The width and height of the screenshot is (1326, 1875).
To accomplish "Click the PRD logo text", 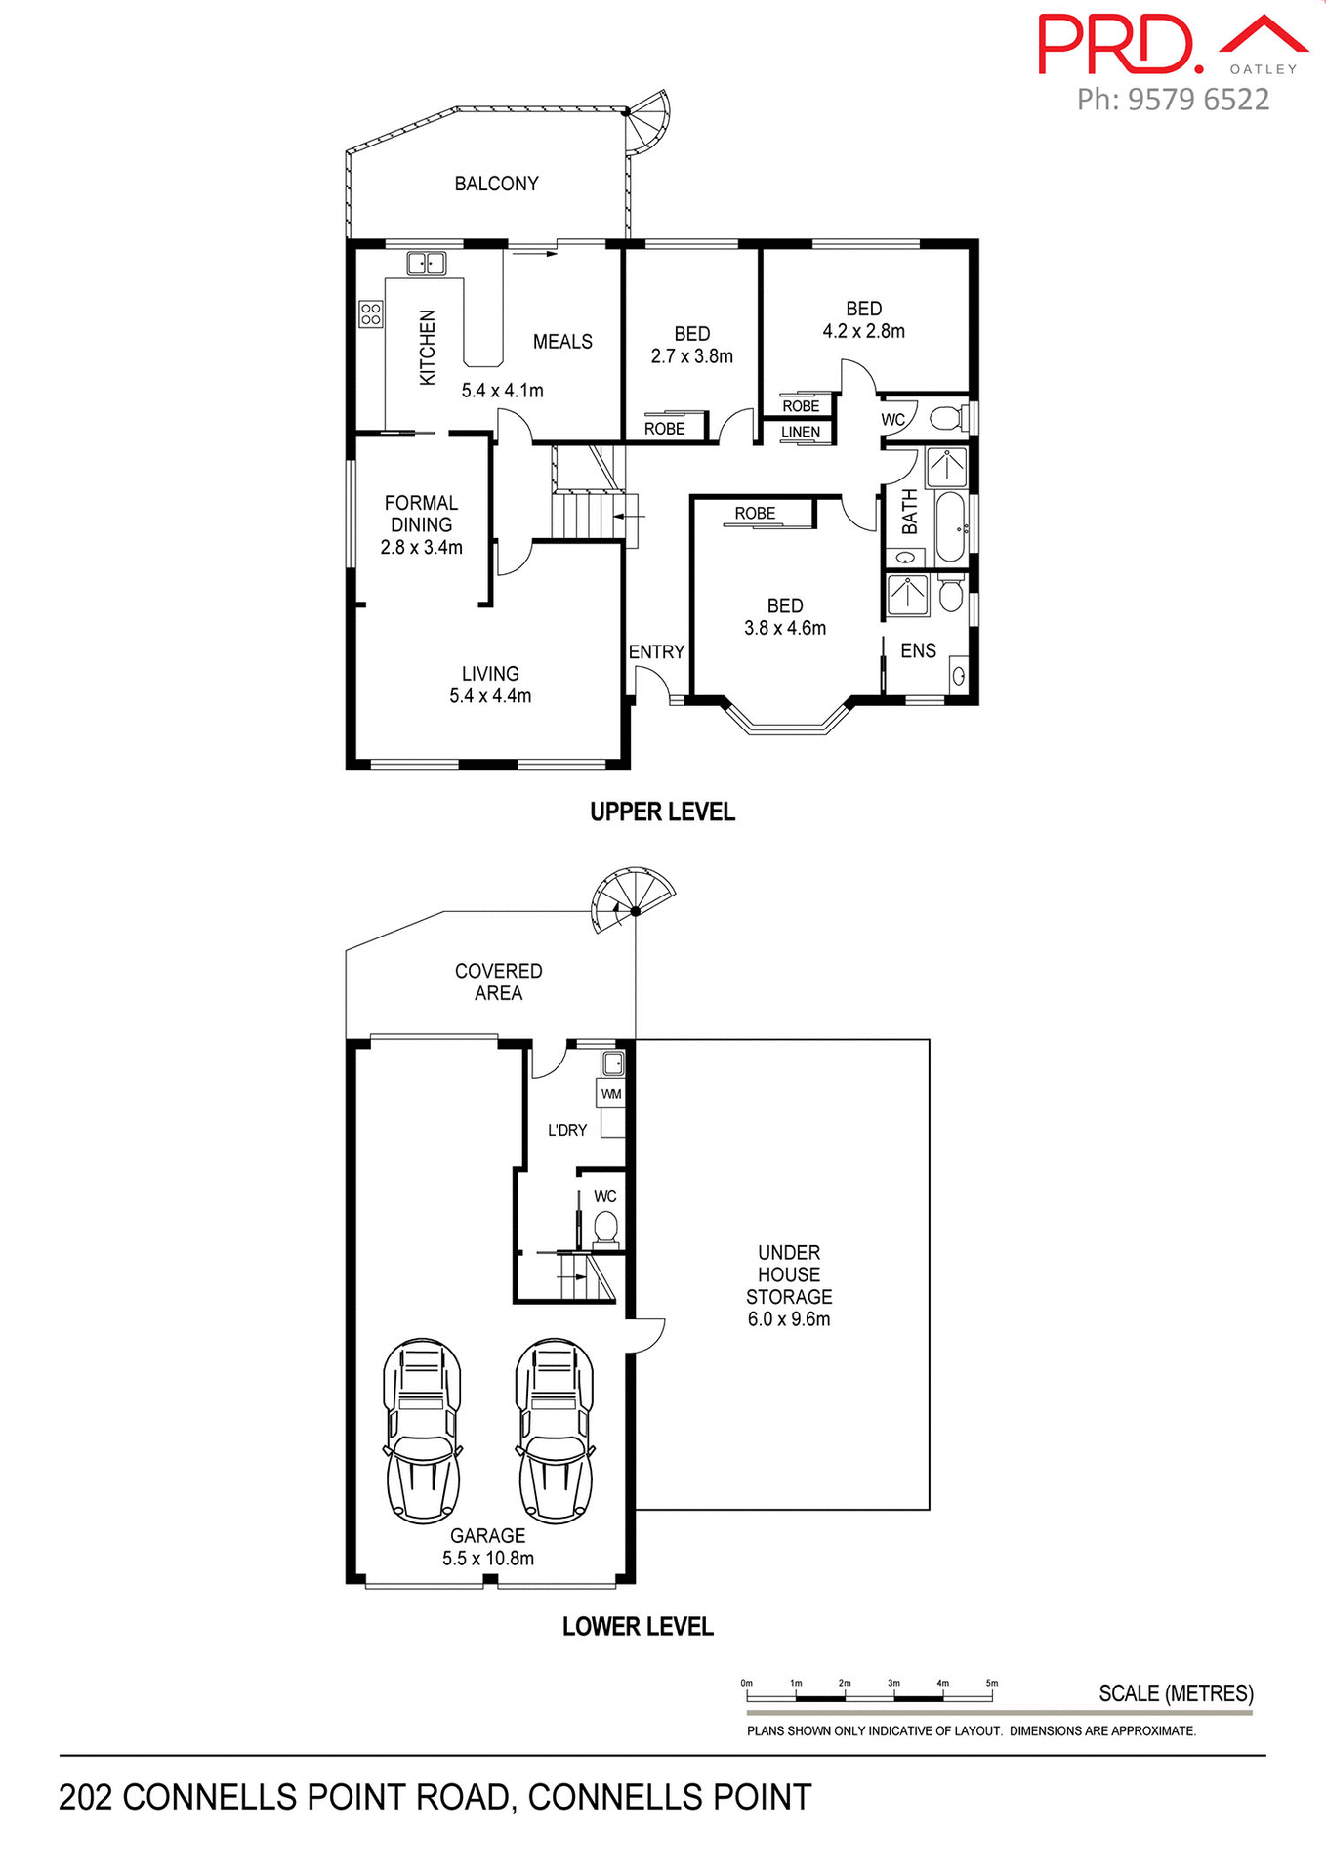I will click(x=1119, y=44).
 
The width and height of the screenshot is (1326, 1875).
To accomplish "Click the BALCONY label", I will click(x=496, y=184).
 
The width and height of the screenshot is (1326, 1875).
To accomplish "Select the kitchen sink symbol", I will click(x=427, y=263).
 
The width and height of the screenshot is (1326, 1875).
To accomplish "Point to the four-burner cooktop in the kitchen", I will click(x=370, y=313).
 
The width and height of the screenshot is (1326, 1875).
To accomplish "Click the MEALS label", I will click(x=562, y=342).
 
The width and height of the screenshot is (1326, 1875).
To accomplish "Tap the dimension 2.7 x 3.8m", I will click(x=691, y=356).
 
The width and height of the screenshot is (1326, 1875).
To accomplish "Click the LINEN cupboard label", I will click(x=801, y=432).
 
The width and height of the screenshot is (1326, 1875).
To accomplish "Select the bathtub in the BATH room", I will click(x=950, y=526).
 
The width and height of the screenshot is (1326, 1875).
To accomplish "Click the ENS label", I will click(x=918, y=650).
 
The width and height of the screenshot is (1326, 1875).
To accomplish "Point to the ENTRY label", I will click(x=656, y=651).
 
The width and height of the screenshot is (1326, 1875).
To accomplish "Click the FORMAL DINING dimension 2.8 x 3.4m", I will click(x=421, y=548).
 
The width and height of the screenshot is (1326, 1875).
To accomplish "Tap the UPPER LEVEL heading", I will click(x=662, y=812).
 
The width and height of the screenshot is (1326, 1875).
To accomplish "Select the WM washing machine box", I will click(x=611, y=1094).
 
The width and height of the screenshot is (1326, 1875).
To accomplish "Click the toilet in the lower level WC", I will click(x=605, y=1226).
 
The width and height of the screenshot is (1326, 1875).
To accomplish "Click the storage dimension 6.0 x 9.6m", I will click(x=789, y=1319).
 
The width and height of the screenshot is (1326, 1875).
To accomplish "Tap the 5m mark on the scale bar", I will click(x=992, y=1684).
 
